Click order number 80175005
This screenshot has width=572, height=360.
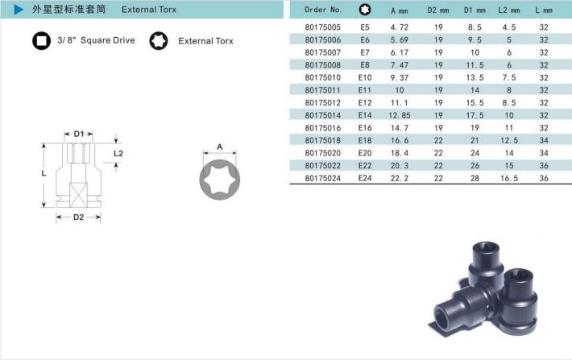click(323, 27)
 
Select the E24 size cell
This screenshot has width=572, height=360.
click(365, 178)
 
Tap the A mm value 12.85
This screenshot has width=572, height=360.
click(400, 116)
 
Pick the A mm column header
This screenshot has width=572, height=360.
click(400, 11)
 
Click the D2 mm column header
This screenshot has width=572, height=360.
click(438, 10)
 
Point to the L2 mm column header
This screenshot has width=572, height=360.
click(509, 10)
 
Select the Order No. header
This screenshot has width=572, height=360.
click(323, 10)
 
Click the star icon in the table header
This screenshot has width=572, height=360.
click(365, 10)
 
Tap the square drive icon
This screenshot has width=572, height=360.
click(42, 40)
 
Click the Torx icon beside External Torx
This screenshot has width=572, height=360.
click(159, 40)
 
